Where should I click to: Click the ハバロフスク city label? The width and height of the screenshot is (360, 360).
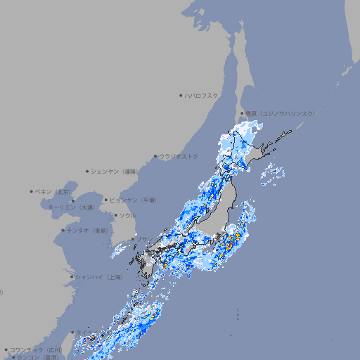click(x=202, y=95)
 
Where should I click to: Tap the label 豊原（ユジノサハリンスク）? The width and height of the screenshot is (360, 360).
click(x=281, y=113)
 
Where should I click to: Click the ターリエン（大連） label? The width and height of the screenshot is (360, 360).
click(x=71, y=207)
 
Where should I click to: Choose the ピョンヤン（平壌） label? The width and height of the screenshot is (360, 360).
click(x=134, y=200)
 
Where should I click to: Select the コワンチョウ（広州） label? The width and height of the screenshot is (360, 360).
click(x=36, y=349)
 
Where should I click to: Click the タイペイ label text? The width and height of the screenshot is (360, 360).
click(x=83, y=333)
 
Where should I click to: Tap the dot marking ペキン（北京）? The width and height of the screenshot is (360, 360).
click(x=32, y=191)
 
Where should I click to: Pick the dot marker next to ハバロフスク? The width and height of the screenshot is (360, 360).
click(x=181, y=95)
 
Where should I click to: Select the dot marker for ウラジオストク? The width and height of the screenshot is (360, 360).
click(x=155, y=156)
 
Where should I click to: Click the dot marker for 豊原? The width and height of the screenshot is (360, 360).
click(x=242, y=113)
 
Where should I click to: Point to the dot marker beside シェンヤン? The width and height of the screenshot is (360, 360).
click(x=88, y=171)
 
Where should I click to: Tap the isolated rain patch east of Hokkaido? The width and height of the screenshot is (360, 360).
click(x=271, y=173)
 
